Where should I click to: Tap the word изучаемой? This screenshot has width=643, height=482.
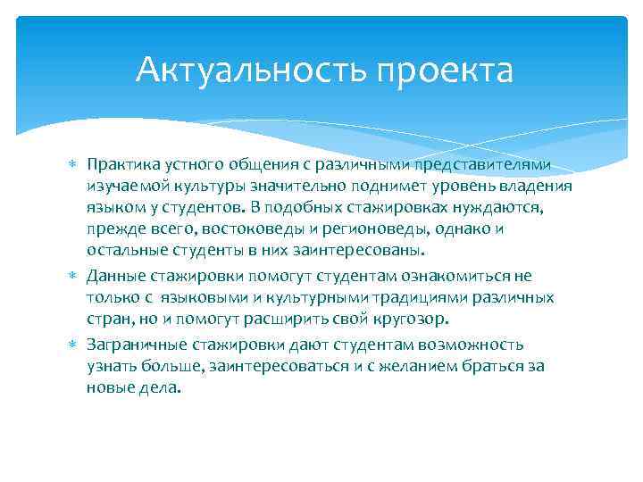point(122,186)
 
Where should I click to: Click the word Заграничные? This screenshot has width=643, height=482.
point(138,345)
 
